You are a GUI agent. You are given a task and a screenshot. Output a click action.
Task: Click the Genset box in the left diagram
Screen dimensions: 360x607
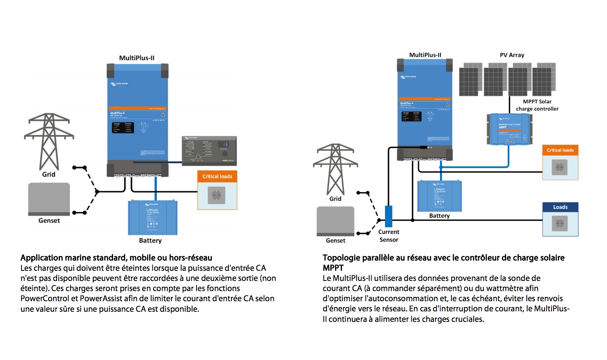[49, 199]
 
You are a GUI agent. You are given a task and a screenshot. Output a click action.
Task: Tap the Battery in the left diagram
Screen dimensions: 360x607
[153, 218]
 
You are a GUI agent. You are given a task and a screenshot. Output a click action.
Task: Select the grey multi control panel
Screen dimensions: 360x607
[209, 150]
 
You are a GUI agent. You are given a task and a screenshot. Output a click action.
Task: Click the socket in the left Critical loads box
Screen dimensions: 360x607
[216, 195]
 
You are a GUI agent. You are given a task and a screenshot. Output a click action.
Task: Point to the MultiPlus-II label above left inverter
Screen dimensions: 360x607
[137, 58]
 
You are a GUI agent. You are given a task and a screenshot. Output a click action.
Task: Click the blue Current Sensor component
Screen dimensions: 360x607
[389, 216]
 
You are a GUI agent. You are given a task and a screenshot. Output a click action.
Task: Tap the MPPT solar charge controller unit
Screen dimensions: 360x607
[509, 129]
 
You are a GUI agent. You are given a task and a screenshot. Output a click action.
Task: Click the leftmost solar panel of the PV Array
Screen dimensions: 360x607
[470, 79]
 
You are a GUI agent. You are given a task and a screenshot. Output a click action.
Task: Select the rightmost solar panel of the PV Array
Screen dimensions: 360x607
[544, 79]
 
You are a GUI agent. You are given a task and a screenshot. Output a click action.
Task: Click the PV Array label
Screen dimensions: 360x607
[512, 55]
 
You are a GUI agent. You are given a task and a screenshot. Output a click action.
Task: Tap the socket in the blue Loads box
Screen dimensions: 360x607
[560, 223]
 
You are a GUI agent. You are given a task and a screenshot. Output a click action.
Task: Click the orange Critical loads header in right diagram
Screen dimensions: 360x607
[560, 150]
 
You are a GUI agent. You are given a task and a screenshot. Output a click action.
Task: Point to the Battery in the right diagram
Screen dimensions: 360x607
[439, 196]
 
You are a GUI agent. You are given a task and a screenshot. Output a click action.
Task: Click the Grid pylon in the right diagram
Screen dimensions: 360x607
[336, 168]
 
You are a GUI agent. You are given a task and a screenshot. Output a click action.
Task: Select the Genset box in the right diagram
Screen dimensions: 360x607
[336, 221]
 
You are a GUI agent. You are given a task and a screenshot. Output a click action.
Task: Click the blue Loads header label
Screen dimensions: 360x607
[560, 207]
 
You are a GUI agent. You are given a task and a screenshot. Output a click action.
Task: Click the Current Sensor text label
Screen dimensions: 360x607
[389, 236]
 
